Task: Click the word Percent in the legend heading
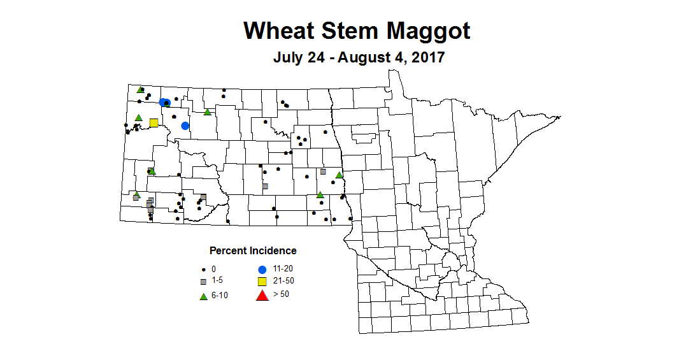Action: [x=227, y=250]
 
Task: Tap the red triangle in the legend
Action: [x=261, y=295]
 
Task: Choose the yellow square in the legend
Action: [x=261, y=281]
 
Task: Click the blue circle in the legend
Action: [x=261, y=269]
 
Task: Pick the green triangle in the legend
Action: [x=203, y=296]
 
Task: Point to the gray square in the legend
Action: [x=203, y=282]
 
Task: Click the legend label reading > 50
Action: [x=280, y=294]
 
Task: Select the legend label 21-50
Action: [x=283, y=281]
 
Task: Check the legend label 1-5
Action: [x=218, y=281]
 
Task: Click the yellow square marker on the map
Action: [x=154, y=123]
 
